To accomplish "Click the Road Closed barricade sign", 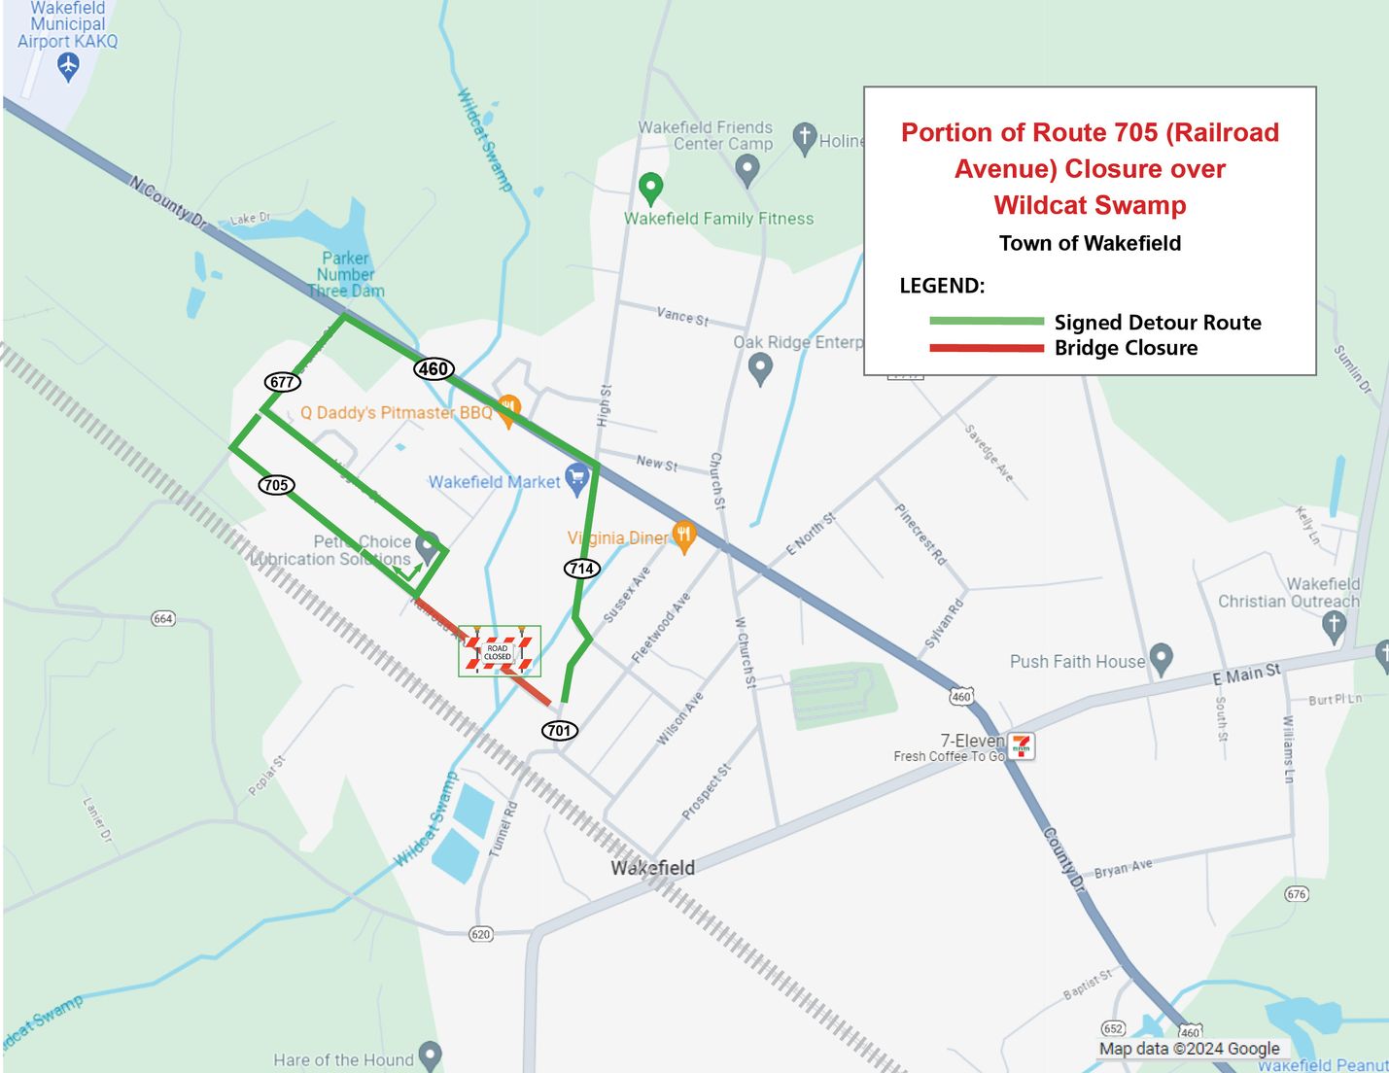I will (x=499, y=652).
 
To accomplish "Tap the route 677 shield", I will (x=282, y=382).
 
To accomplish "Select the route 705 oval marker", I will (x=276, y=485).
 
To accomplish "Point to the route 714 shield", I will (x=581, y=569).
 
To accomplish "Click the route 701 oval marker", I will (x=559, y=730).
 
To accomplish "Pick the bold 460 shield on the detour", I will (x=433, y=368).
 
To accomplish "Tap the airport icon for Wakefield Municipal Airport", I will (x=67, y=66).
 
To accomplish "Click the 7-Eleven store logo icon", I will (x=1021, y=746).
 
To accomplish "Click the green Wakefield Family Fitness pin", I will (x=650, y=188).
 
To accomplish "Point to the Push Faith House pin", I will (x=1161, y=659).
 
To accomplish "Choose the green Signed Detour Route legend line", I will (x=986, y=321).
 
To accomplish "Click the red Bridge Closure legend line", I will (x=986, y=348).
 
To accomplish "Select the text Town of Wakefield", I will (x=1090, y=243).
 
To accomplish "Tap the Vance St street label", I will (x=682, y=316).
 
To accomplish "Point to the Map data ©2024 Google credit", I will (x=1189, y=1049).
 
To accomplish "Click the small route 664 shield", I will (x=163, y=619).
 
